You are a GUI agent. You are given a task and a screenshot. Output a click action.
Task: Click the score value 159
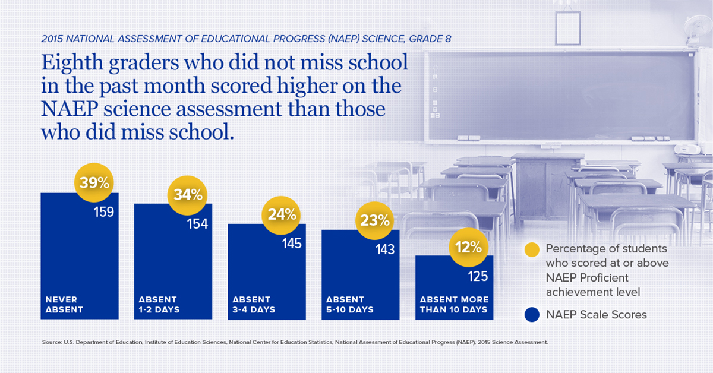pyautogui.click(x=104, y=211)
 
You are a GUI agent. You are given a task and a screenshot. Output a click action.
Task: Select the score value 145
pyautogui.click(x=291, y=244)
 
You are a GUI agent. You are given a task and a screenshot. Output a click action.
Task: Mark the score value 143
pyautogui.click(x=384, y=250)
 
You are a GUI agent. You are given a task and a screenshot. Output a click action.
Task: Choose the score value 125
pyautogui.click(x=478, y=276)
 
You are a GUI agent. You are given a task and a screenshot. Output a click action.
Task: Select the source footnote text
pyautogui.click(x=295, y=343)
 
